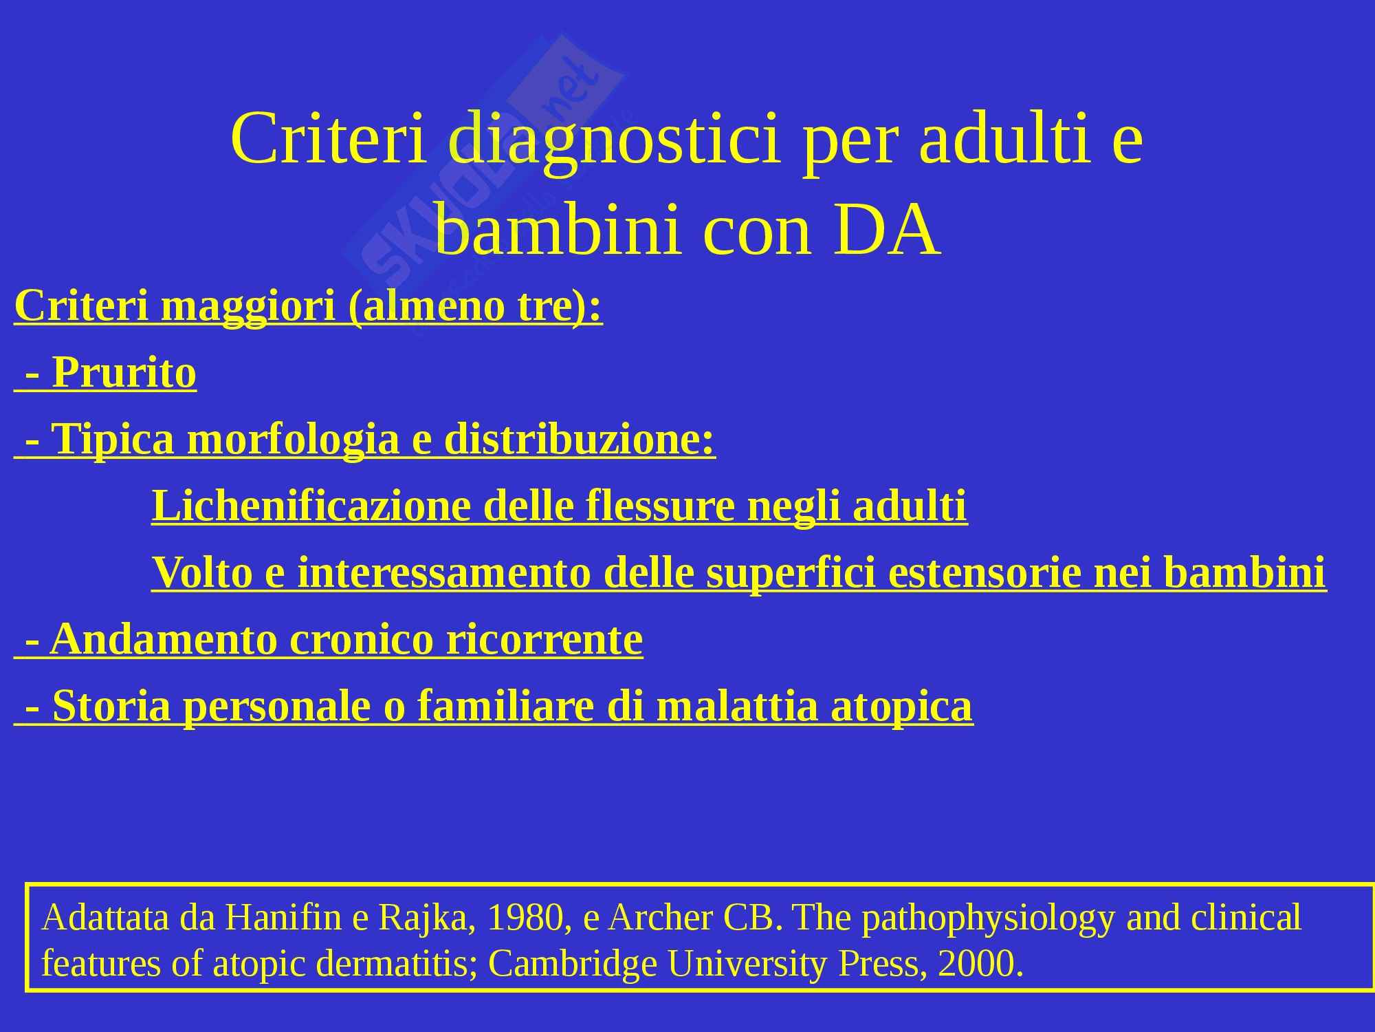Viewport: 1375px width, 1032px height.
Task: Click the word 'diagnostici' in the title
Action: [614, 139]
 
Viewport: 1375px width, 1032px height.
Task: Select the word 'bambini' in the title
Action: [558, 230]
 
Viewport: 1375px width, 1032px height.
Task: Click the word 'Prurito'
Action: [124, 372]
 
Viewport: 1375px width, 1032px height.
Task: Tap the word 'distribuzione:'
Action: [580, 439]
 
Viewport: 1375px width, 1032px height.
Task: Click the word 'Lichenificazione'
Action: [311, 506]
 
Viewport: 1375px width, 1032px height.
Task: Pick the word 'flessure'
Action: [659, 506]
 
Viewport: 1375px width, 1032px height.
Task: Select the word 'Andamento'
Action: [163, 639]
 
